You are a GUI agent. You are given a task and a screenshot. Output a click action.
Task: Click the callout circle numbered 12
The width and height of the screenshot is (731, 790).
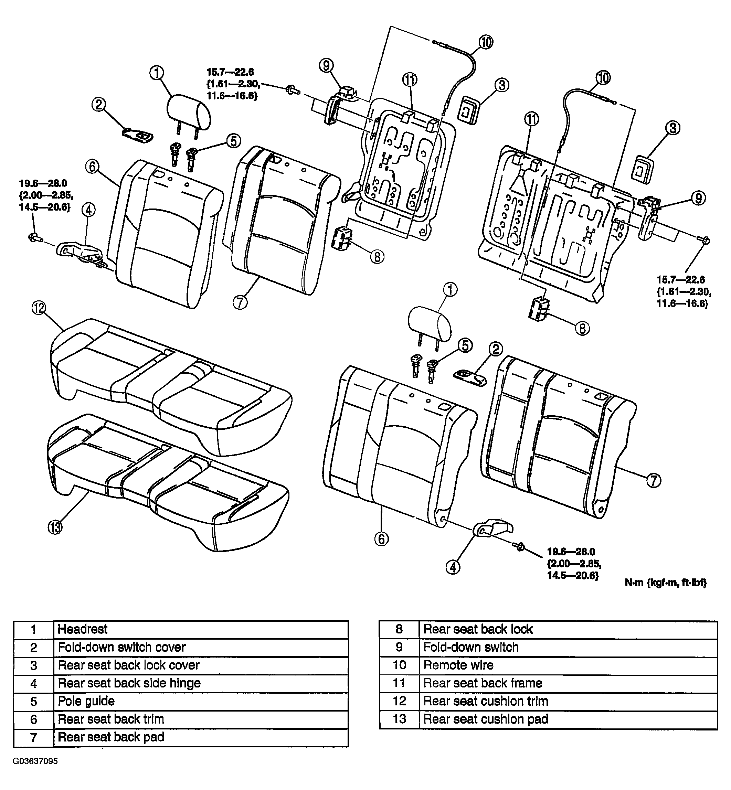pos(39,308)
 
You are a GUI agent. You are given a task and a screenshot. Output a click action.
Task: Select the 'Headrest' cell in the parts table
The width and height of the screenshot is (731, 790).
pos(201,629)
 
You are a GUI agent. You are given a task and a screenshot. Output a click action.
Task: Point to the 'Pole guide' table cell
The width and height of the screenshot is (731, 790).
pos(201,701)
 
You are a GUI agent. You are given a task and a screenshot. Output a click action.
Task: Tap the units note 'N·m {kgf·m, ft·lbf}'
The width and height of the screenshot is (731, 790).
pos(666,583)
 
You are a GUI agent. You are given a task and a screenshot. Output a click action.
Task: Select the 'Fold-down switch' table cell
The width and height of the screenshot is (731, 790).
pos(568,647)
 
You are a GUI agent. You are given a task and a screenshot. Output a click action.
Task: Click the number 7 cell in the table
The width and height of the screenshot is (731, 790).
pos(34,737)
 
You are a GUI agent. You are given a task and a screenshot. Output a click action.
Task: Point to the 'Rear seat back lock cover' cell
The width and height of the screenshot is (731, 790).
pos(201,665)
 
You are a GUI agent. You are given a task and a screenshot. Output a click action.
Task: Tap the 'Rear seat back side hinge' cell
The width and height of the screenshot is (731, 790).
pos(201,683)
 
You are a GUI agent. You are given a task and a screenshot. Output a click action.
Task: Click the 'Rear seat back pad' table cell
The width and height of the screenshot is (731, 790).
pos(201,737)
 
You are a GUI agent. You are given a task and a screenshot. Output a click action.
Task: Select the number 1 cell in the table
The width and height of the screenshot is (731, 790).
pos(34,629)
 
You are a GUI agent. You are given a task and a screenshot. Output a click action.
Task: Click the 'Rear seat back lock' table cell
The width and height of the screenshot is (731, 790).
pos(568,629)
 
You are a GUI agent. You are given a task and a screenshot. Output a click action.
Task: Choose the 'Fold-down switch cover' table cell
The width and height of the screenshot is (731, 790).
pos(201,647)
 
